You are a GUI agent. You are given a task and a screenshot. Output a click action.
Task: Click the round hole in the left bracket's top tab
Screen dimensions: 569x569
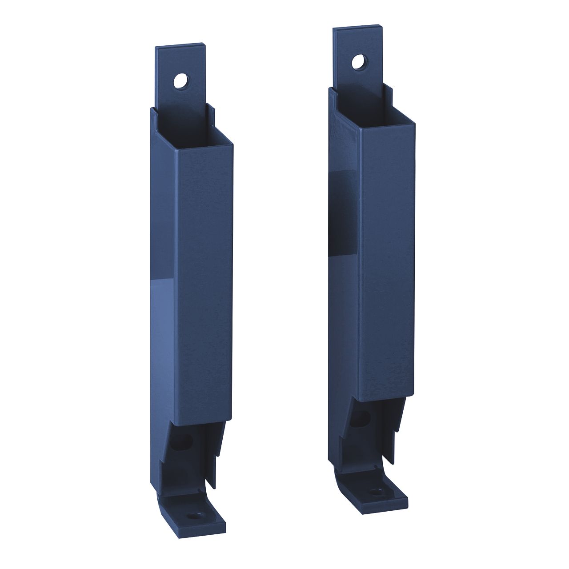point(181,80)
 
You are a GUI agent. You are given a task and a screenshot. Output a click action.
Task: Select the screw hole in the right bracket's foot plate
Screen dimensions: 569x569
point(378,492)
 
